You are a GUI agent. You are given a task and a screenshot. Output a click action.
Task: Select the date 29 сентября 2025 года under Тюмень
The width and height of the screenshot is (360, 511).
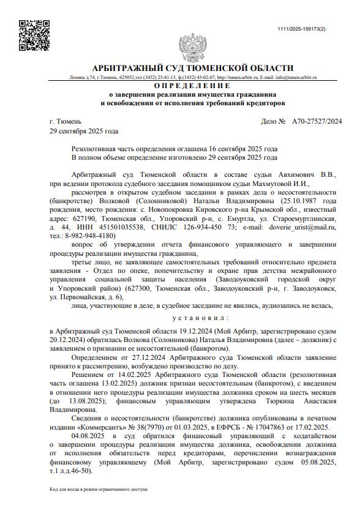click(x=84, y=131)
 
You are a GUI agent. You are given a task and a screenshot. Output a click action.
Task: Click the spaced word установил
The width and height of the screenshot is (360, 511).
click(x=200, y=318)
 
